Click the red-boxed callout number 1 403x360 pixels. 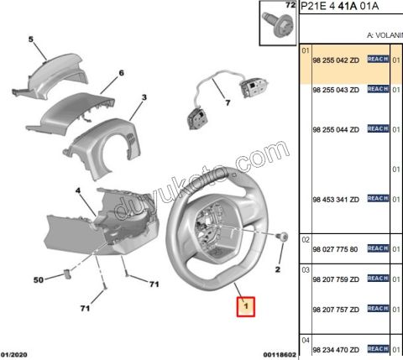coord(246,308)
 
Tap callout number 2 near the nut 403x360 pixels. coord(277,269)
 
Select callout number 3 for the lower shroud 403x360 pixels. coord(144,98)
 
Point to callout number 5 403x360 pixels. coord(31,40)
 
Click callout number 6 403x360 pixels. coord(121,73)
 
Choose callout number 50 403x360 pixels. coord(39,279)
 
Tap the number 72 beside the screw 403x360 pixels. coord(290,7)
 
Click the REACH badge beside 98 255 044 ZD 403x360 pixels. coord(378,129)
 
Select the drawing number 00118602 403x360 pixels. coord(279,355)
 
